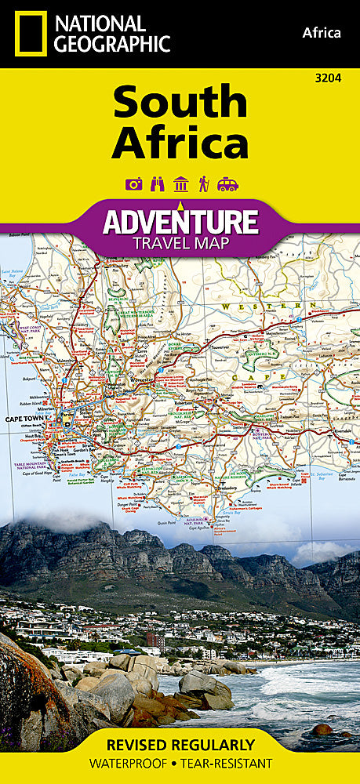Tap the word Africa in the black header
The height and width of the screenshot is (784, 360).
pyautogui.click(x=322, y=32)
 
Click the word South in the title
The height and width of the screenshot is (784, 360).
pyautogui.click(x=180, y=103)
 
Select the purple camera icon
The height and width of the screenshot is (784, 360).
pyautogui.click(x=133, y=184)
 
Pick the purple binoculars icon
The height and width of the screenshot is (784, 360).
pyautogui.click(x=156, y=184)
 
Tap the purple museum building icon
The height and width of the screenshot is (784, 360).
pyautogui.click(x=180, y=184)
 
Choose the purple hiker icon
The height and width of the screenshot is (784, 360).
pyautogui.click(x=203, y=184)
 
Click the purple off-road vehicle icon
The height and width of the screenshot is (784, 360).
pyautogui.click(x=227, y=184)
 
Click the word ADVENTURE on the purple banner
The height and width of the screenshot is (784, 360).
pyautogui.click(x=180, y=222)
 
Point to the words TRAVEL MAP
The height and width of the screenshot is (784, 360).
pyautogui.click(x=180, y=242)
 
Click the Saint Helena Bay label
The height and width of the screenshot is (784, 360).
pyautogui.click(x=13, y=274)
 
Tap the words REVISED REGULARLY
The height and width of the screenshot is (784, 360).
pyautogui.click(x=180, y=744)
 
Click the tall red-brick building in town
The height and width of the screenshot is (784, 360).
pyautogui.click(x=155, y=641)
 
